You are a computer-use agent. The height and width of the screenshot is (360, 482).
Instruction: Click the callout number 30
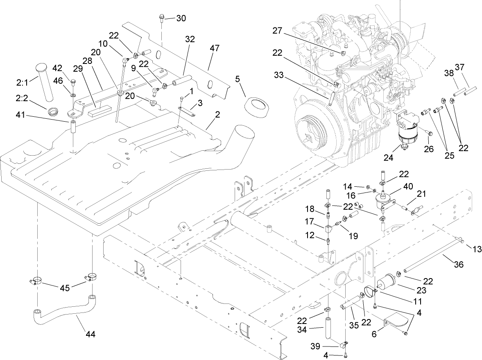(181, 18)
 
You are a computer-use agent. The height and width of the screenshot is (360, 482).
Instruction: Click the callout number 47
(215, 48)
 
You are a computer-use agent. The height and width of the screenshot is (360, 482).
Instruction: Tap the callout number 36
(459, 265)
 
